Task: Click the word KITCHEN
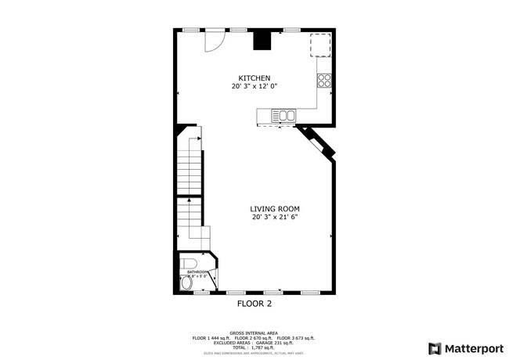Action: pos(254,78)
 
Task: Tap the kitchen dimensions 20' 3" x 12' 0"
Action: pos(254,87)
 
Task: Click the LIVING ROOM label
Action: pos(275,209)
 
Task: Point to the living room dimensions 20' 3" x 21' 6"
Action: pos(275,218)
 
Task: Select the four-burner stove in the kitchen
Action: pos(324,80)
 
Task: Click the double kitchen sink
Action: pos(285,116)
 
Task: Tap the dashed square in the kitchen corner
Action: pos(320,45)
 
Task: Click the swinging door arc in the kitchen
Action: pos(214,41)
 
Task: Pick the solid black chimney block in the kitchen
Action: pos(262,40)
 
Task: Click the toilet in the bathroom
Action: pos(188,263)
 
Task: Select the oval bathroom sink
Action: pos(185,286)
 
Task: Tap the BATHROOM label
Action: pos(197,272)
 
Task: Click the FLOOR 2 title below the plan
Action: pos(254,302)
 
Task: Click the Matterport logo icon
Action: pos(435,348)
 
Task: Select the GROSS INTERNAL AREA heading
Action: pos(254,333)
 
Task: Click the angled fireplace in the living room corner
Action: pos(318,145)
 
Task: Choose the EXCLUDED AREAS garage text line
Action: pos(254,342)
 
